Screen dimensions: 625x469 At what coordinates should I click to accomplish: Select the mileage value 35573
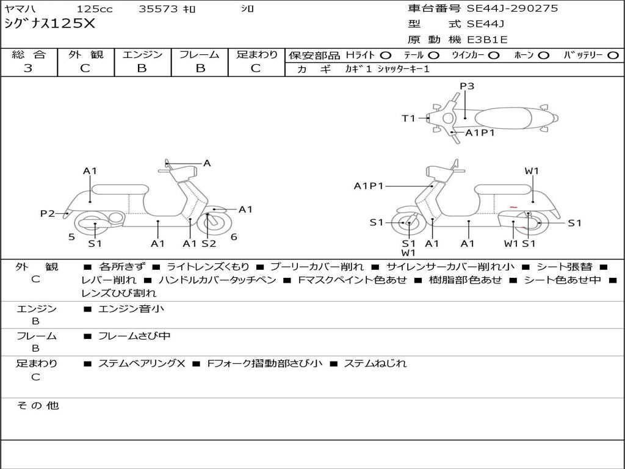158,9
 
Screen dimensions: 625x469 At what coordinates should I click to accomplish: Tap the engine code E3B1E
486,40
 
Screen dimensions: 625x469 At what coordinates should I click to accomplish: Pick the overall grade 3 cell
28,68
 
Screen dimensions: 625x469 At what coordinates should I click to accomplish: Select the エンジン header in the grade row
142,55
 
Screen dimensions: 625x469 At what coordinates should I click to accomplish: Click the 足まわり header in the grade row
256,55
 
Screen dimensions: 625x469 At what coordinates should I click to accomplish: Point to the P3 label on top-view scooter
467,86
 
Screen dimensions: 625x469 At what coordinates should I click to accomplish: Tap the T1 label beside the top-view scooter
408,118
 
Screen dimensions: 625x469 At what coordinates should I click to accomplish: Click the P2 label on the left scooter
48,213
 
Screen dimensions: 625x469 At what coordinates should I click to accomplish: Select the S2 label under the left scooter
209,244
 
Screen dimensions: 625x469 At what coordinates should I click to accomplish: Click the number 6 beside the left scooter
234,237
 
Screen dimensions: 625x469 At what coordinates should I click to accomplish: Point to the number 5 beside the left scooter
71,237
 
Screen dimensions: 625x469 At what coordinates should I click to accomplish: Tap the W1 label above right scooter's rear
532,171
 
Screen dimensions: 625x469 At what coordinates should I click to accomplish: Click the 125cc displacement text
93,9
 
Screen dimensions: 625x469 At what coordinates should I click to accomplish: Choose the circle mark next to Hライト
386,55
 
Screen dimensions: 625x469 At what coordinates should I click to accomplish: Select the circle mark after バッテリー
613,55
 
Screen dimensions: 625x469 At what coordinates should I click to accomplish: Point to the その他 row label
37,405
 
